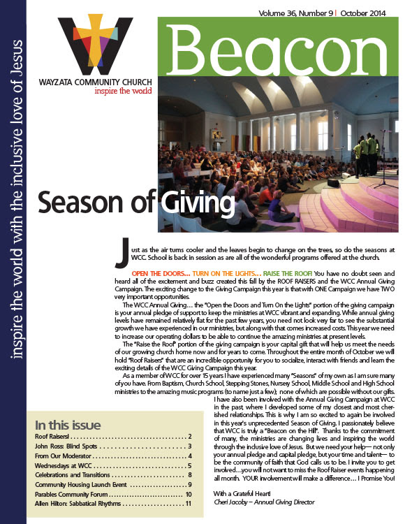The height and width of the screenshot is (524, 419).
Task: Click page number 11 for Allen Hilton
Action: coord(187,504)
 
